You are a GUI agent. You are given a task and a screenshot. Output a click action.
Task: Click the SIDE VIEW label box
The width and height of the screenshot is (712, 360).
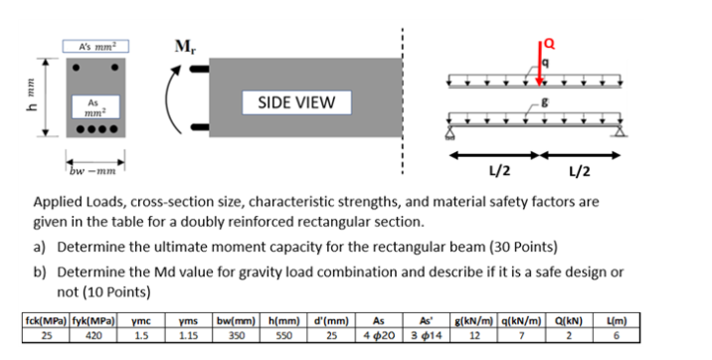[x=296, y=101]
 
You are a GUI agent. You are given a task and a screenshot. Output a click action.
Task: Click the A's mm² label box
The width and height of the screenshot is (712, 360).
[x=97, y=45]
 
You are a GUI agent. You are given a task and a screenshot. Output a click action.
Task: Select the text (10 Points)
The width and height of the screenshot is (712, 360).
[x=118, y=292]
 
